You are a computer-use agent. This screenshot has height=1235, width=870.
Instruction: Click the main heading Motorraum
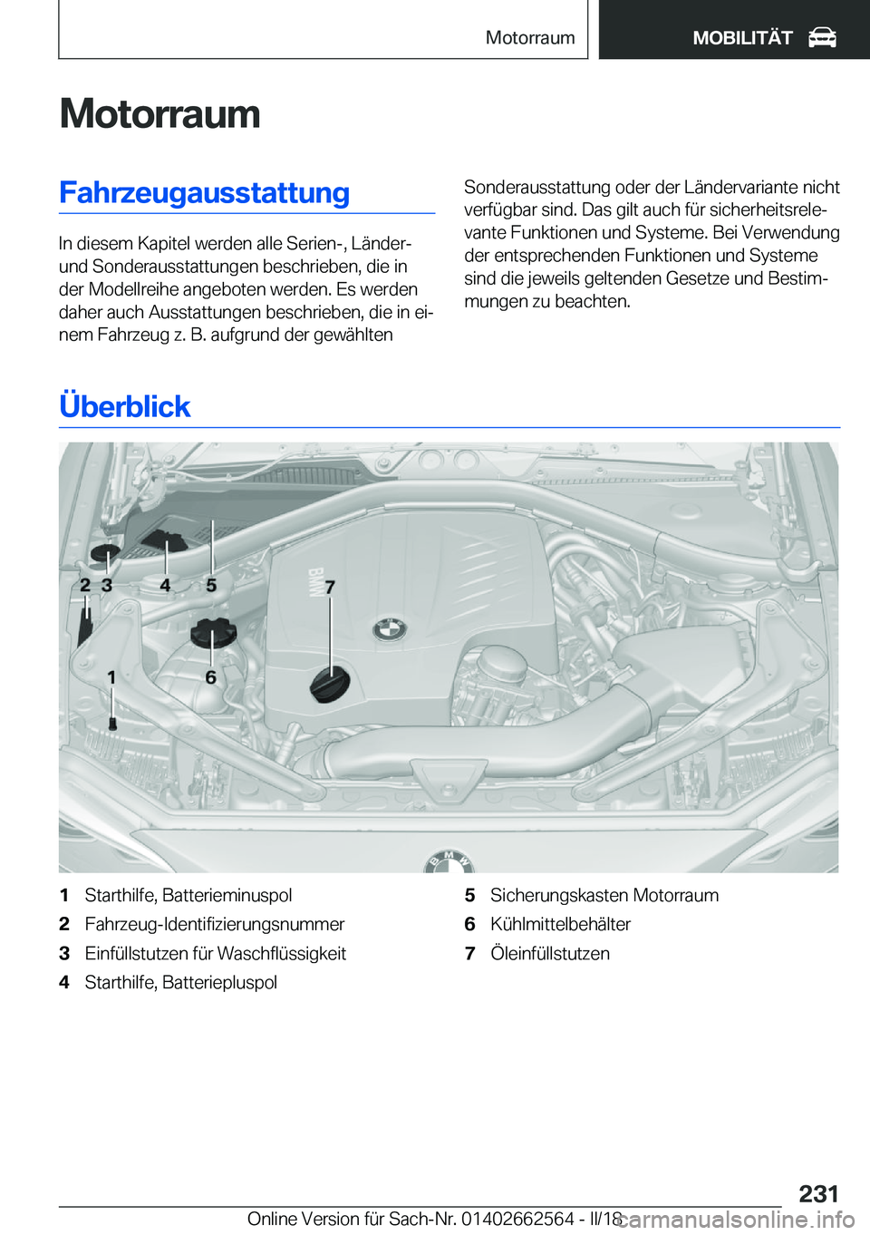coord(159,114)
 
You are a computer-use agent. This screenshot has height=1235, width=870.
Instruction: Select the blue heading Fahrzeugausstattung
coord(204,193)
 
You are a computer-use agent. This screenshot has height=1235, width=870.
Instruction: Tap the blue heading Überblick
coord(125,406)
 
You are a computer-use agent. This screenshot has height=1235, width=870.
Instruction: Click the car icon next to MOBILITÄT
coord(822,37)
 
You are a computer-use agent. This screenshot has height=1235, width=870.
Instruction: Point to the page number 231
coord(818,1193)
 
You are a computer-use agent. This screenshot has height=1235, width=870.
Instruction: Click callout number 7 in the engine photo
coord(330,588)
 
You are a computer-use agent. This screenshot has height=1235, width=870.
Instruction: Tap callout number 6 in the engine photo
coord(210,677)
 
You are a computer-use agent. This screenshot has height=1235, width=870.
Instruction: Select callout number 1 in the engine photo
coord(111,677)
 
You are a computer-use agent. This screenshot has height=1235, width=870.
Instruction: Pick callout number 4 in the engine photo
coord(165,586)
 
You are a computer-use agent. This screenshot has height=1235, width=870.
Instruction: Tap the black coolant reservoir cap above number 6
coord(213,631)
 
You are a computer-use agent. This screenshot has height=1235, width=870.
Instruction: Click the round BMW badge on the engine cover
coord(390,629)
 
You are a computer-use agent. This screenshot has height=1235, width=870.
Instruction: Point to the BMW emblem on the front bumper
coord(449,861)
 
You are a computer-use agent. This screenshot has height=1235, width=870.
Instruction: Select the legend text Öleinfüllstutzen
coord(549,953)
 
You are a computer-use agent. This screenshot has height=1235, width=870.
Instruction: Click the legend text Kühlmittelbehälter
coord(560,924)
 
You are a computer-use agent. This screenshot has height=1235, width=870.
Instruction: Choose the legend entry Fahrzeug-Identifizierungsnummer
coord(214,924)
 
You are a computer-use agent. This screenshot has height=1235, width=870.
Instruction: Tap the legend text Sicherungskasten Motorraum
coord(604,895)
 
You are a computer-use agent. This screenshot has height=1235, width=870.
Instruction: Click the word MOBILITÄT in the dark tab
coord(742,37)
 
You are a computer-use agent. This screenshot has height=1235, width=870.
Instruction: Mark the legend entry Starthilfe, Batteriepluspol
coord(180,982)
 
